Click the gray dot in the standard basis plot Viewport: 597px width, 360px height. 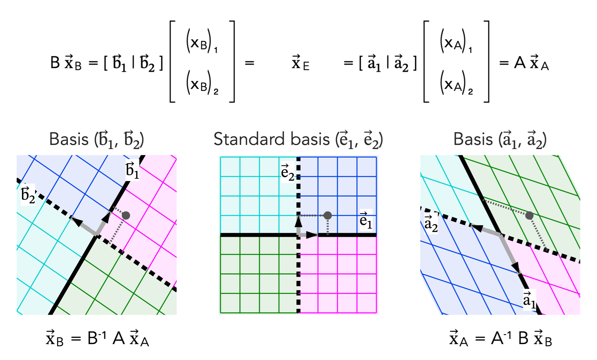tap(328, 215)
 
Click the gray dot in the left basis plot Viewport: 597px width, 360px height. tap(126, 215)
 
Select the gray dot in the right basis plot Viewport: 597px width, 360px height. tap(529, 215)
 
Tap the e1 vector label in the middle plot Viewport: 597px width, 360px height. tap(366, 220)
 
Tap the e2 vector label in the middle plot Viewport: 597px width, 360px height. tap(288, 172)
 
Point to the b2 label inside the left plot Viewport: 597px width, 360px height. tap(28, 194)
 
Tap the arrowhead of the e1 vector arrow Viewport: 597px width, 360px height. tap(312, 235)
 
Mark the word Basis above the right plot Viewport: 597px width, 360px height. tap(473, 139)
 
